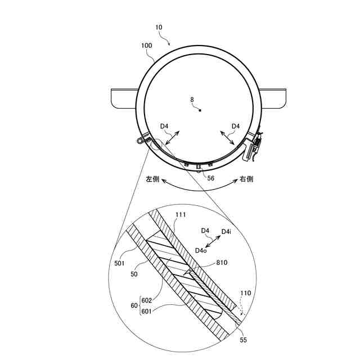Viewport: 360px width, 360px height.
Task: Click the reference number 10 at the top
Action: [x=159, y=28]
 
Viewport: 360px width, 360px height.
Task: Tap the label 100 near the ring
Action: [x=146, y=46]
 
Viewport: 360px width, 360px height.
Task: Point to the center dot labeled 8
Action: [x=200, y=110]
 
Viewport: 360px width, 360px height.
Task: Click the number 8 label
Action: [x=192, y=100]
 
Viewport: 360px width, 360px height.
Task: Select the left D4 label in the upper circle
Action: [x=164, y=126]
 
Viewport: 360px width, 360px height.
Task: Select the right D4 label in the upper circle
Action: [x=236, y=126]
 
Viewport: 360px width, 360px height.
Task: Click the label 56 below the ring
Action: [x=210, y=178]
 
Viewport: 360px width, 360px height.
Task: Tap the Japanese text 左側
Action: [x=152, y=179]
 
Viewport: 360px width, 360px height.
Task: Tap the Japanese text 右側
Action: [x=246, y=179]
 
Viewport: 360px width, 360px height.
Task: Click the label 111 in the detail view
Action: [x=181, y=215]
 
